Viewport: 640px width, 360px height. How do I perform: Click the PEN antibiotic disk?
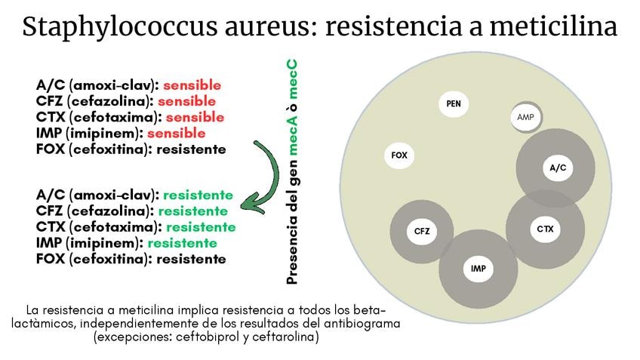click(454, 103)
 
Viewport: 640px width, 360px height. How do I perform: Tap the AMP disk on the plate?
click(525, 117)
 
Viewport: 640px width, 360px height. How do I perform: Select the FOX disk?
click(399, 155)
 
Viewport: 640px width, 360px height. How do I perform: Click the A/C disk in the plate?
click(558, 168)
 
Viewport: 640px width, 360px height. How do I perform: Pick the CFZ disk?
click(421, 231)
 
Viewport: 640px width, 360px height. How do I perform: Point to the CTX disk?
click(545, 228)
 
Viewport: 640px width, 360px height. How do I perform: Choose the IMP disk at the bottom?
click(478, 269)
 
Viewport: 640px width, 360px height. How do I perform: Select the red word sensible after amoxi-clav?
click(192, 85)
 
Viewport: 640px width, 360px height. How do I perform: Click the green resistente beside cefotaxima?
click(201, 226)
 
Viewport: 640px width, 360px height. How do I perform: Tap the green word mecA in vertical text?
click(293, 140)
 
